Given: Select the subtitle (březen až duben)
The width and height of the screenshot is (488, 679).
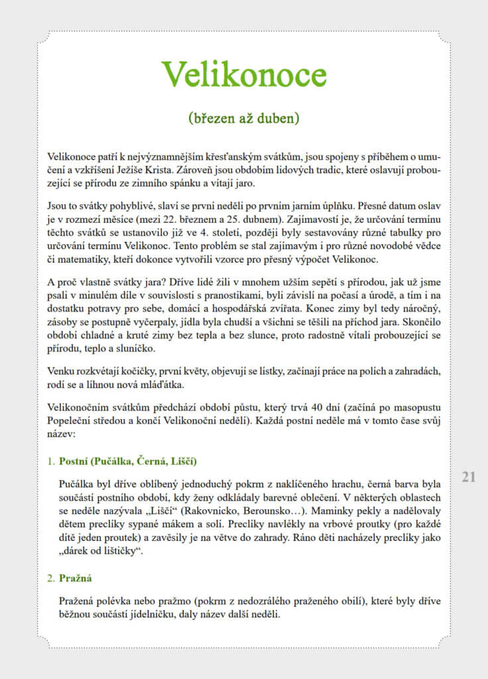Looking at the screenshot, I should [244, 119].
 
